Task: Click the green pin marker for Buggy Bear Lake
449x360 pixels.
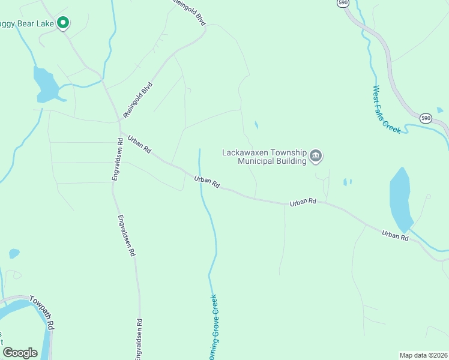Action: pyautogui.click(x=63, y=23)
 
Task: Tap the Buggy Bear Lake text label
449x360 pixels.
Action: pyautogui.click(x=27, y=24)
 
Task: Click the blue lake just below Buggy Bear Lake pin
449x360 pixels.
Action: pyautogui.click(x=46, y=85)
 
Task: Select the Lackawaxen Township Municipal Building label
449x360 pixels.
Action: pyautogui.click(x=264, y=157)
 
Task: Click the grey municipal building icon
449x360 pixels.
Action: pyautogui.click(x=316, y=157)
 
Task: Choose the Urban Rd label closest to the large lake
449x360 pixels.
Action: pyautogui.click(x=395, y=235)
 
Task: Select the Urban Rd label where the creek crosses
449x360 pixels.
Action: pyautogui.click(x=207, y=181)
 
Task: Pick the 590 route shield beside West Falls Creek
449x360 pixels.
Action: pyautogui.click(x=425, y=118)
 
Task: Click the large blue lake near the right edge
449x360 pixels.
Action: pyautogui.click(x=400, y=199)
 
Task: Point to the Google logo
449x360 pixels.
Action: pyautogui.click(x=20, y=352)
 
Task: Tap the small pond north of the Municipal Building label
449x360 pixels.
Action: pyautogui.click(x=256, y=125)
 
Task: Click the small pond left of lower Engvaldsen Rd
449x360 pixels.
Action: pyautogui.click(x=14, y=253)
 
